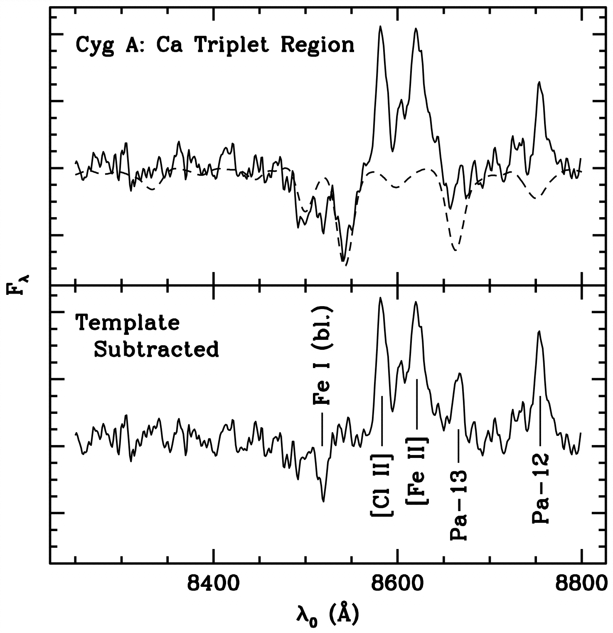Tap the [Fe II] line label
[x=417, y=470]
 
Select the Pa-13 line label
[x=459, y=505]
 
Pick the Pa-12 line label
[x=540, y=488]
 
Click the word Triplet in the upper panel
[x=234, y=45]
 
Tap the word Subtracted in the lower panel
[x=156, y=350]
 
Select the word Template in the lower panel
[x=127, y=323]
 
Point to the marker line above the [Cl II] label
[x=382, y=420]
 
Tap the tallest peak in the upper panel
[x=379, y=27]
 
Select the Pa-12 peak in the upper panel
[x=539, y=82]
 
